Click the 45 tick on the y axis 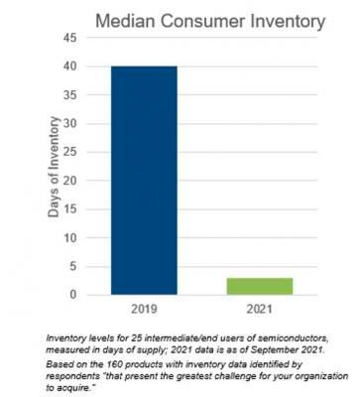(x=70, y=38)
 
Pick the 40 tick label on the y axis (x=70, y=66)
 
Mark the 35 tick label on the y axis (x=70, y=95)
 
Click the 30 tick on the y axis (x=70, y=123)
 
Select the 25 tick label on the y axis (x=70, y=152)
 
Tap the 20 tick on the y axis (x=70, y=181)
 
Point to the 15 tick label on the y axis (x=70, y=209)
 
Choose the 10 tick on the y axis (x=70, y=237)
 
